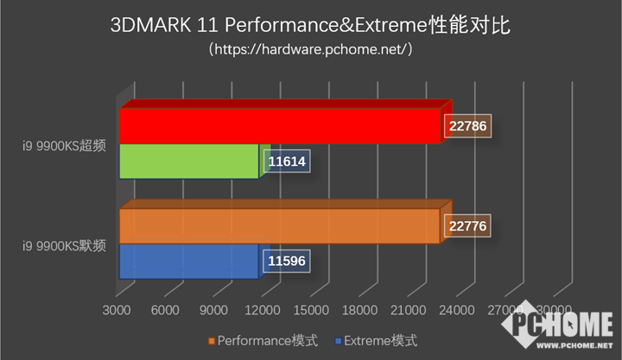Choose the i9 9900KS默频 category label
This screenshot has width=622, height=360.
click(x=64, y=245)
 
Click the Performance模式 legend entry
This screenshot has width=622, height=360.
click(x=263, y=339)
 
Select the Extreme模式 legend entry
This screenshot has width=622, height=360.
click(x=377, y=339)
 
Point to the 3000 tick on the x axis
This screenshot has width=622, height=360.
click(x=116, y=309)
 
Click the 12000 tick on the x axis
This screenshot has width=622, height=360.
click(x=263, y=309)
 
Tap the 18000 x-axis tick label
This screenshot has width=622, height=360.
click(x=360, y=309)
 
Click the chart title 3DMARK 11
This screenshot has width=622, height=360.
click(x=311, y=25)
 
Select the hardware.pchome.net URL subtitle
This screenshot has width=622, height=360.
click(x=311, y=50)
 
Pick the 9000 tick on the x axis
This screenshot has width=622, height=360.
click(x=213, y=309)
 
